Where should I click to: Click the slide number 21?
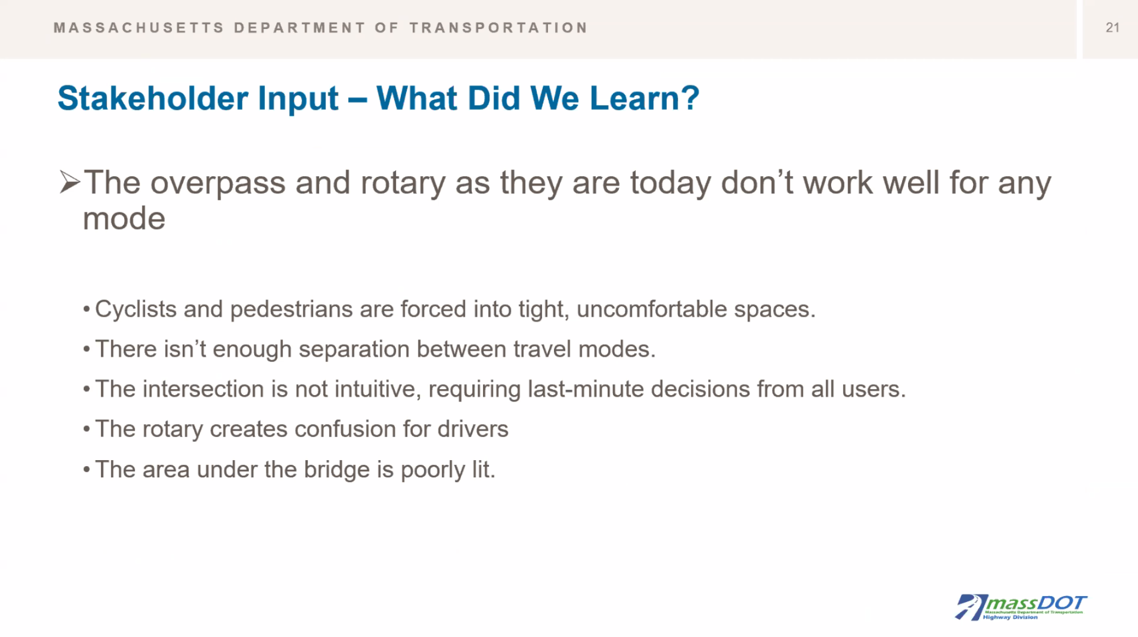[x=1112, y=28]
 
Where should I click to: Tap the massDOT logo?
[x=1020, y=607]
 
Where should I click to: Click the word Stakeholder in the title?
[x=153, y=98]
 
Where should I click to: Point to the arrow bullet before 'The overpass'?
[x=70, y=182]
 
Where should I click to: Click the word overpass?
[x=218, y=183]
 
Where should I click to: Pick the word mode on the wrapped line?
[x=124, y=219]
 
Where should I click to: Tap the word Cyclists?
[x=136, y=309]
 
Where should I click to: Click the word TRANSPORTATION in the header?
[x=499, y=28]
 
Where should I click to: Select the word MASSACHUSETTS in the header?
[x=139, y=28]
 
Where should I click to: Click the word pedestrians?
[x=291, y=309]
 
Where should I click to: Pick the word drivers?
[x=473, y=429]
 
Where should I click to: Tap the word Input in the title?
[x=299, y=99]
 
